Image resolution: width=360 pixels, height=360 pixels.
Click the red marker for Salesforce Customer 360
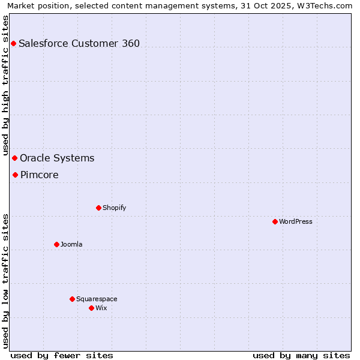point(13,43)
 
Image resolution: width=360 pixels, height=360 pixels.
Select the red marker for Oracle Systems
point(14,158)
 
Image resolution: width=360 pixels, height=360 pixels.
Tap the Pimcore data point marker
point(15,175)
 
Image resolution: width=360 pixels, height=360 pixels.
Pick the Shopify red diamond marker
point(98,208)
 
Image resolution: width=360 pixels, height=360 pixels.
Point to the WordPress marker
point(275,221)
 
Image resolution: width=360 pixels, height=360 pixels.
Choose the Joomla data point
point(56,244)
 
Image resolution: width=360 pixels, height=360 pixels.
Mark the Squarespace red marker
point(72,299)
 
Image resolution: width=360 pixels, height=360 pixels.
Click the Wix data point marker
point(91,308)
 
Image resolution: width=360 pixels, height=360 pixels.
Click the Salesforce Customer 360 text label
point(79,43)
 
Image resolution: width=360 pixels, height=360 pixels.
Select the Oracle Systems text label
point(57,158)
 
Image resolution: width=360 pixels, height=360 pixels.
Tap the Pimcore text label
point(40,175)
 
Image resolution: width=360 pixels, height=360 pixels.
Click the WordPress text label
point(296,222)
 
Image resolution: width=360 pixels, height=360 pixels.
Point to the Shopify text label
point(115,208)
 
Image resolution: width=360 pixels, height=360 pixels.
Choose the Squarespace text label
point(97,299)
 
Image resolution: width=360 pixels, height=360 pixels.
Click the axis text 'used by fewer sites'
point(62,355)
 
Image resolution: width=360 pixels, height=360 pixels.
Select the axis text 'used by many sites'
point(301,355)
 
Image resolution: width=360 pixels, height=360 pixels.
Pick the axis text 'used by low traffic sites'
point(5,280)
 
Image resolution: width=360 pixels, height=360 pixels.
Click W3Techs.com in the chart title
point(323,5)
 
